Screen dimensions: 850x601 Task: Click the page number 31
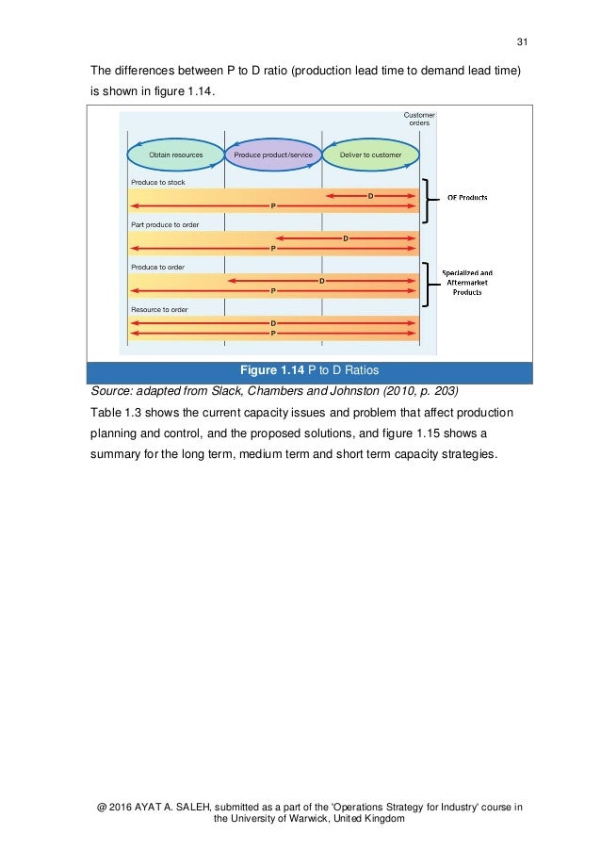523,41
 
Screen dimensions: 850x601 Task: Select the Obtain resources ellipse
176,154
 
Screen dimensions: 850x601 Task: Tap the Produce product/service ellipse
273,154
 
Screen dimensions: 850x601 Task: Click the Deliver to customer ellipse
370,154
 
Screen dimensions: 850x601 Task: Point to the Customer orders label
419,119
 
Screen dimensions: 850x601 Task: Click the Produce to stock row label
158,182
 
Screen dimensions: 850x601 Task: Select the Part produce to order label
165,224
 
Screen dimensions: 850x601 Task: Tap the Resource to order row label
160,309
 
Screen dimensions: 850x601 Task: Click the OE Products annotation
467,197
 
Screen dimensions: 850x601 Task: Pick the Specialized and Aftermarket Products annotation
467,283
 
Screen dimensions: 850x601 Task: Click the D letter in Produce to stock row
370,195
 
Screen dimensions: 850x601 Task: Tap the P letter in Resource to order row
273,333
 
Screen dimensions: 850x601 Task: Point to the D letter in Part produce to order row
346,237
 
